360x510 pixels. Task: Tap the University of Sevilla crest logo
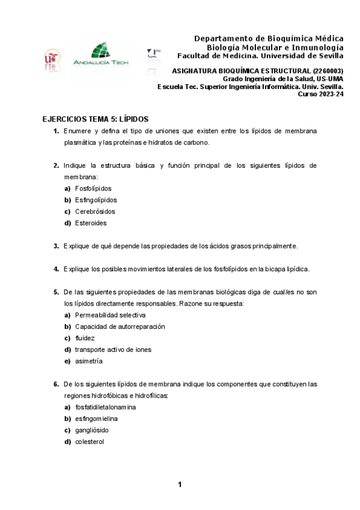click(x=52, y=58)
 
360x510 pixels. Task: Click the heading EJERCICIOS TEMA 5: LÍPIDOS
click(x=95, y=119)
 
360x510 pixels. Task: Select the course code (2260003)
click(x=328, y=70)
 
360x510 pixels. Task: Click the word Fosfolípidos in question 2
click(x=93, y=188)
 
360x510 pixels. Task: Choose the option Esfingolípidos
click(x=96, y=200)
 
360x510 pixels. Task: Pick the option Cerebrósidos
click(x=95, y=212)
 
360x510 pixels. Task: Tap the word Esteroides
click(x=91, y=223)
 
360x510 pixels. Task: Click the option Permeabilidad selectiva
click(x=110, y=315)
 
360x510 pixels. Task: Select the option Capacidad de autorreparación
click(x=120, y=327)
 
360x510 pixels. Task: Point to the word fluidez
click(x=85, y=338)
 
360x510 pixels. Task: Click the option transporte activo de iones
click(x=113, y=349)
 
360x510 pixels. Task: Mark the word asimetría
click(x=88, y=361)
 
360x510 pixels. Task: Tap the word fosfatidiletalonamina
click(x=105, y=407)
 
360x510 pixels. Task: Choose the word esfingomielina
click(x=96, y=419)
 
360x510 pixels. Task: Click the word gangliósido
click(x=92, y=431)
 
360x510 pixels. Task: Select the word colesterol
click(x=90, y=442)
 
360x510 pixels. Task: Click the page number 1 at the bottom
click(x=180, y=485)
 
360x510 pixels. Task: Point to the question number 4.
click(x=56, y=269)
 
